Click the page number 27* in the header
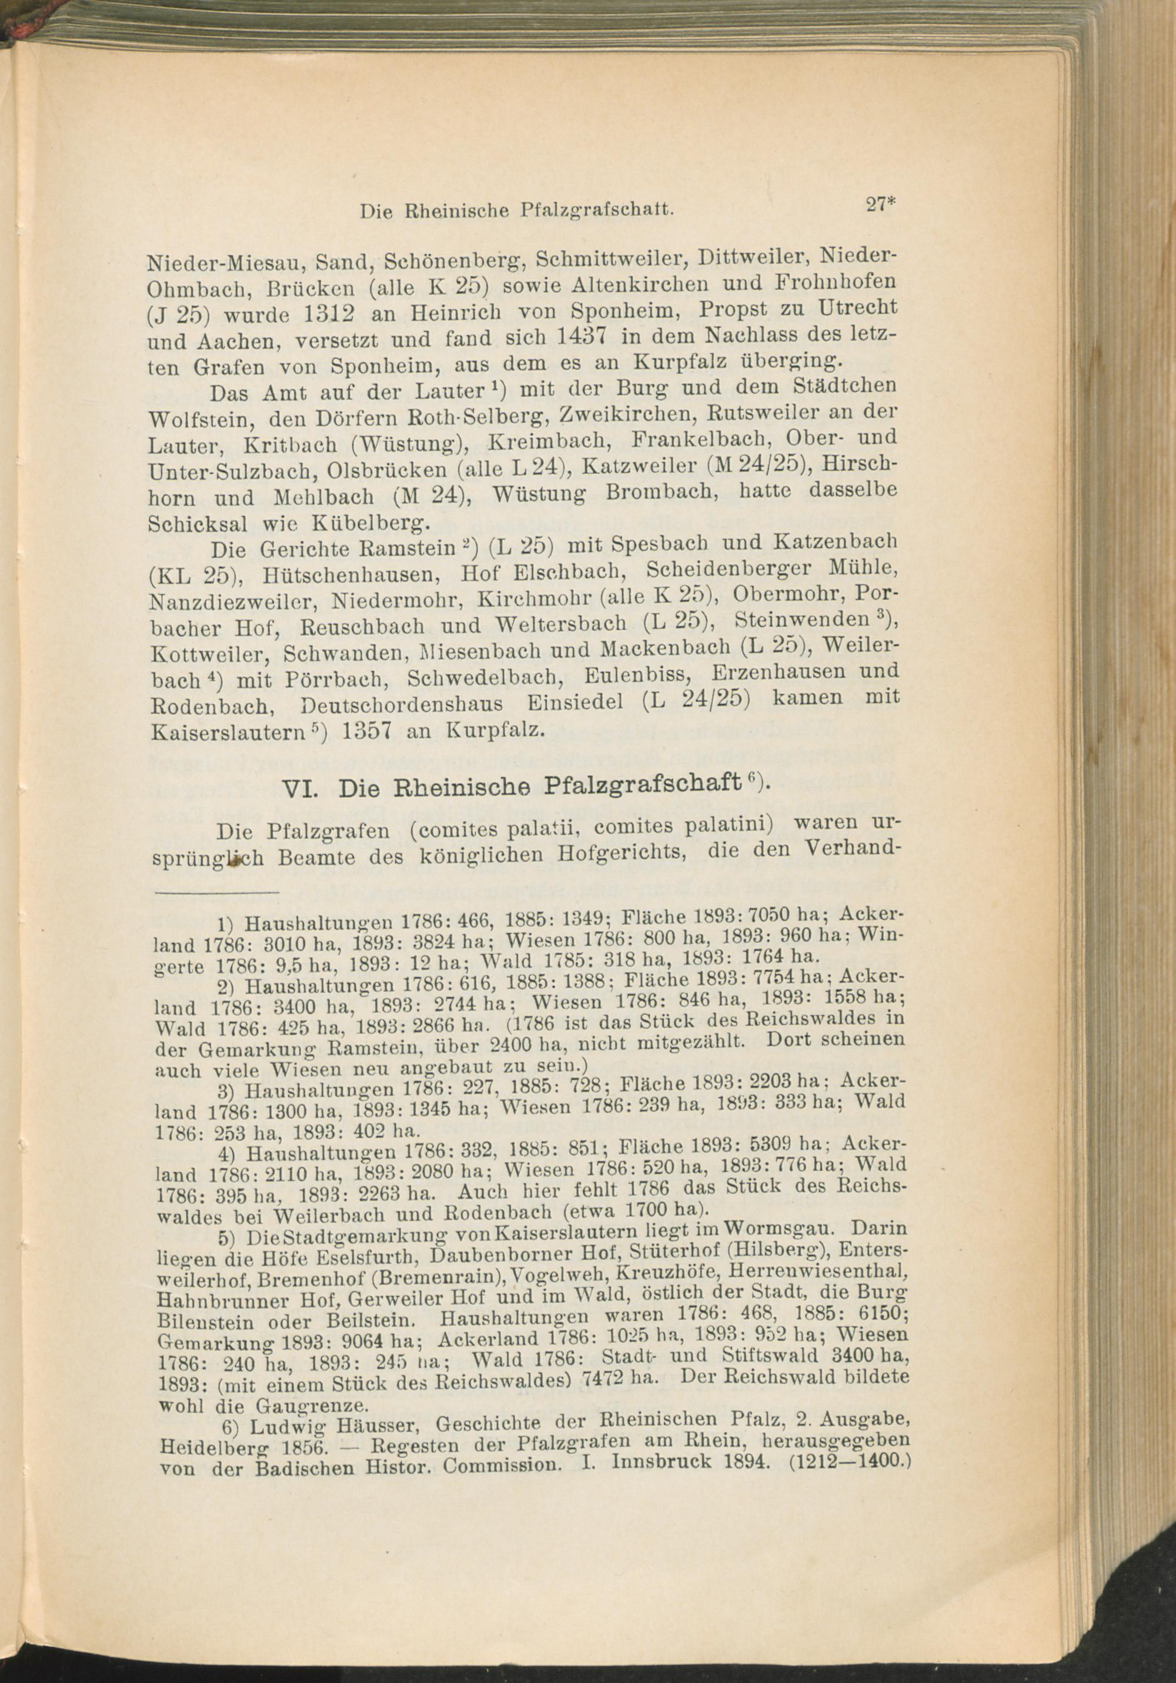[878, 205]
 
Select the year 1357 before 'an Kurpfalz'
[360, 731]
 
